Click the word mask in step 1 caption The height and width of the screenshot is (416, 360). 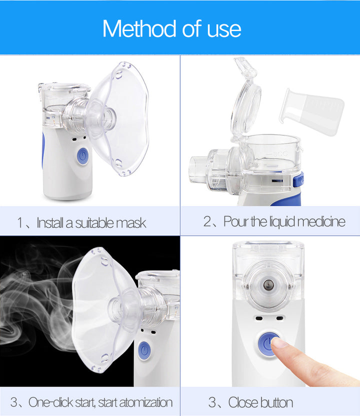pos(131,222)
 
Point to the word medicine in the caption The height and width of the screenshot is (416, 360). pos(319,221)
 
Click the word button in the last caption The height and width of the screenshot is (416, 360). pos(275,402)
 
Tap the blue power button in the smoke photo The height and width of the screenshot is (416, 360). pos(144,348)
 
